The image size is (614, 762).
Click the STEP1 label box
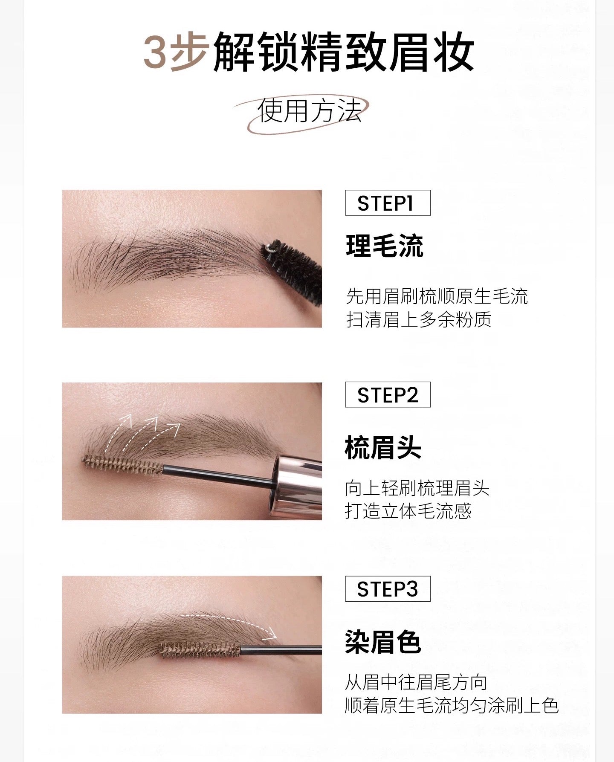pos(387,203)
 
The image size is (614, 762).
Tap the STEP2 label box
pos(387,395)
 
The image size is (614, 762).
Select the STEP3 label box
pos(387,589)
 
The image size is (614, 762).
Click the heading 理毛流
pos(384,246)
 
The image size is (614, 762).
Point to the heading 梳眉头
pos(383,448)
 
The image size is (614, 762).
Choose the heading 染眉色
pos(383,642)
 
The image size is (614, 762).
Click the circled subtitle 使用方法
pos(309,112)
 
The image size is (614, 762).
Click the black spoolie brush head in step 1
pos(291,269)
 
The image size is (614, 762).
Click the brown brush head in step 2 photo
pos(123,465)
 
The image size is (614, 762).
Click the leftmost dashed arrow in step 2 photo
pos(117,432)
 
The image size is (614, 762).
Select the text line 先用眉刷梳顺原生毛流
pos(437,296)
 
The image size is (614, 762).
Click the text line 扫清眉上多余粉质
pos(419,319)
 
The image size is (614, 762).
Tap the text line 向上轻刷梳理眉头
pos(417,488)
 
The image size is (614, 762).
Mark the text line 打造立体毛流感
pos(408,511)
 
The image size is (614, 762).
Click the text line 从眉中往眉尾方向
pos(416,683)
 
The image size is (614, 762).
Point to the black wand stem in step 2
pos(217,476)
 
